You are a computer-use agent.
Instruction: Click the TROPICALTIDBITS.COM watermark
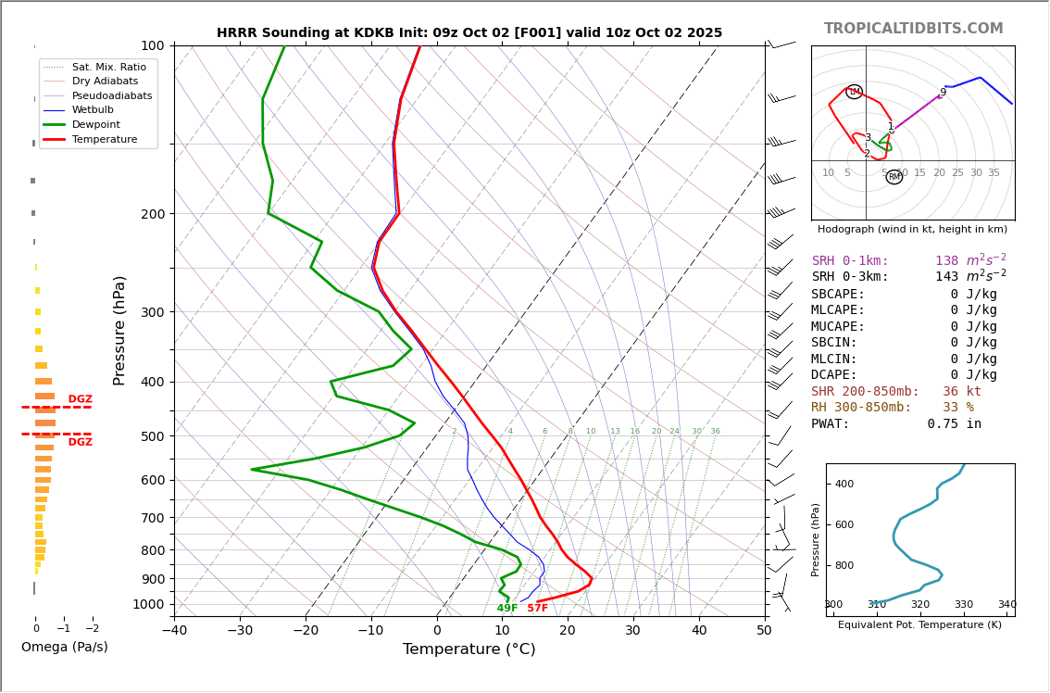913,29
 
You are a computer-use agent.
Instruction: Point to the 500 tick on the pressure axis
153,436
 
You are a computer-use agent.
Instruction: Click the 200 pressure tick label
153,214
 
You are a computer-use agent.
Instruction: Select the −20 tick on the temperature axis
305,631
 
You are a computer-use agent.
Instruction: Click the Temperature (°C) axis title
469,649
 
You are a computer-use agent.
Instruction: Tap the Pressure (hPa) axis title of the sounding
119,330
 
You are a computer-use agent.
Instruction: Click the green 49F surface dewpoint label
507,609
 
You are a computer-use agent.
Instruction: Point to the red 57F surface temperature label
537,609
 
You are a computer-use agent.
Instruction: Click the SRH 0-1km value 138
946,261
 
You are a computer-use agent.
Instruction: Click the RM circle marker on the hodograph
894,177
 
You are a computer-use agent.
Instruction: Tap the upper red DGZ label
80,399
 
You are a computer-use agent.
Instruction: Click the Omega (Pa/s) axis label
64,648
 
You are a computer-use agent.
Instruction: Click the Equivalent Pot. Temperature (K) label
919,625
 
